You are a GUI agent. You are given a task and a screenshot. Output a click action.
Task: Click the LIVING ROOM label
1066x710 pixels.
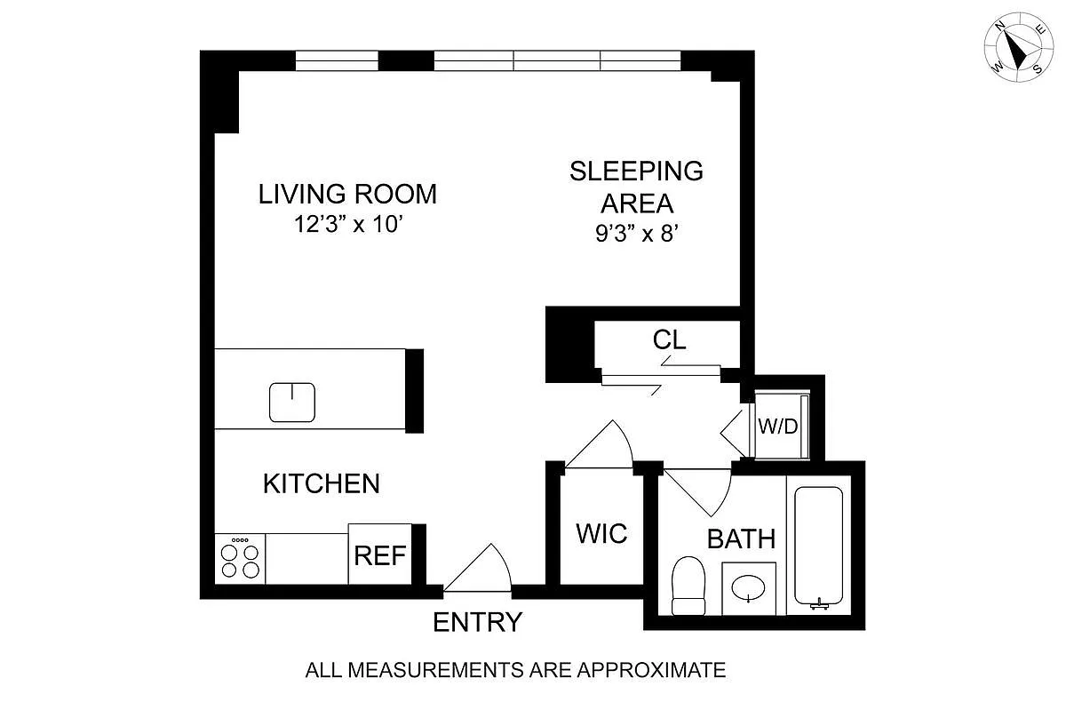click(347, 195)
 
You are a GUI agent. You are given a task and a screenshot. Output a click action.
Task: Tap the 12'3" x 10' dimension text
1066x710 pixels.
click(349, 224)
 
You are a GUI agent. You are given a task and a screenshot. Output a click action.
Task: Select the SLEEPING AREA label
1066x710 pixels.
click(636, 187)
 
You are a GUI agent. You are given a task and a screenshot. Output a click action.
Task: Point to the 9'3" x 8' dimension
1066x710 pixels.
click(636, 234)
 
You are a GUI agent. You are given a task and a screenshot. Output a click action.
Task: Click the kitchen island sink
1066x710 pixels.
click(292, 403)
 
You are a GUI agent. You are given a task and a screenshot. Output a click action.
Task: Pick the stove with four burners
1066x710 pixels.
click(240, 559)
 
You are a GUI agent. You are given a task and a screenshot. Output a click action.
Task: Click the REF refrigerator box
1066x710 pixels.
click(380, 554)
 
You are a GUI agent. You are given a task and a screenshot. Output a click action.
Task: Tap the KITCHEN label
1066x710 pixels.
click(322, 483)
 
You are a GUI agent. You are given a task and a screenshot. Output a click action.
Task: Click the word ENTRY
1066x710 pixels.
click(477, 622)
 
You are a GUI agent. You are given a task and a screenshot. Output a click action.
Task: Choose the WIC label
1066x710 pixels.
click(601, 533)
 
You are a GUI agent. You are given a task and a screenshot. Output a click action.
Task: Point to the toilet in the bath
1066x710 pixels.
click(688, 586)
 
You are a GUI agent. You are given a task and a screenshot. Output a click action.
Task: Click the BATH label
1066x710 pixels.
click(742, 539)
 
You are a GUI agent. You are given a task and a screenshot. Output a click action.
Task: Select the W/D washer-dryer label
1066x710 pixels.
click(778, 427)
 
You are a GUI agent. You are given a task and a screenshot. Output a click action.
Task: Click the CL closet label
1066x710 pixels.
click(669, 340)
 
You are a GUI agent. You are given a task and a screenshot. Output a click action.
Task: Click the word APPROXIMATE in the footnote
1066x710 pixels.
click(651, 671)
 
